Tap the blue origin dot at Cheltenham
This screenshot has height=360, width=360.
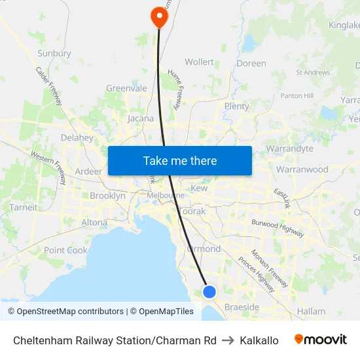coord(209,291)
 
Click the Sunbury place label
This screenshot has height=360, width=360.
coord(55,53)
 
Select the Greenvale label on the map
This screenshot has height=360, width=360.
coord(126,88)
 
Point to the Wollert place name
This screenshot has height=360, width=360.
coord(199,62)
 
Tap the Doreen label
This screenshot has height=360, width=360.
coord(251,63)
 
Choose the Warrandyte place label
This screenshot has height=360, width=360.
coord(289,149)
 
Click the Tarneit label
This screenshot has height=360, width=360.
coord(24,207)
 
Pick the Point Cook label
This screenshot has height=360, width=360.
coord(65,250)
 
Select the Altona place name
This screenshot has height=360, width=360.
coord(94,223)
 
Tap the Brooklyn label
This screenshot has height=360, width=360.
coord(107,196)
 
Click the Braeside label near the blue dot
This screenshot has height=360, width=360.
coord(242,307)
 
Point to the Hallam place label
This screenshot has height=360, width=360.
coord(311,312)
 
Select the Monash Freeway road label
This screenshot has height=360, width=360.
coord(269,268)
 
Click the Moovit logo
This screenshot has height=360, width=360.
coord(321,340)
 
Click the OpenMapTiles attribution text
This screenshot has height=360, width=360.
coord(162,312)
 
